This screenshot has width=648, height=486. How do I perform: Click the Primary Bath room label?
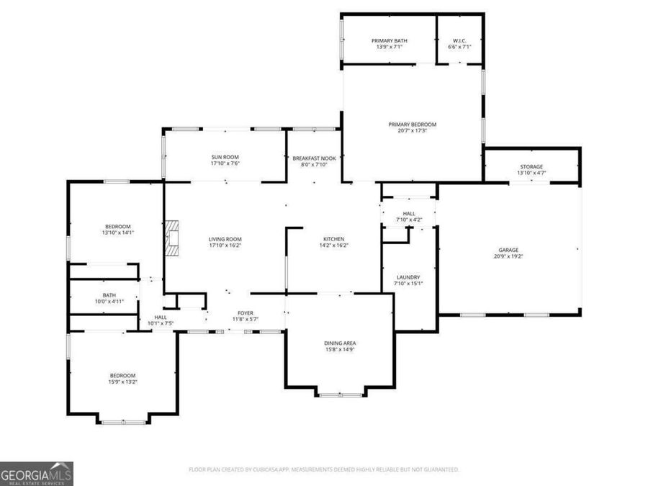click(390, 41)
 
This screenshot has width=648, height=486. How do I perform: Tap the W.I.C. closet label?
click(459, 41)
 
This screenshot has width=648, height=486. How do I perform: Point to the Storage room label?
click(531, 167)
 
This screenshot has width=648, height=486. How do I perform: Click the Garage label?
click(508, 251)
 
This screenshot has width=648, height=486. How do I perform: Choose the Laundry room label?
click(408, 277)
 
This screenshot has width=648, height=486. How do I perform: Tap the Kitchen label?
click(333, 239)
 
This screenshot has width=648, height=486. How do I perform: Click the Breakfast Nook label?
click(314, 158)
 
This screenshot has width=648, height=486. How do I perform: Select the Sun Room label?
click(225, 157)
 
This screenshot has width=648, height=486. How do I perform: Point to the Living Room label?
click(225, 239)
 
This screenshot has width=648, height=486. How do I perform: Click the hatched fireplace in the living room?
click(172, 239)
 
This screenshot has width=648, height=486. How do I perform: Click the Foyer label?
click(246, 313)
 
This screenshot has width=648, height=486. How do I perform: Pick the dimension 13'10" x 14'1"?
click(119, 233)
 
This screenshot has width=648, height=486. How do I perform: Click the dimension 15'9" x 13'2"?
click(122, 382)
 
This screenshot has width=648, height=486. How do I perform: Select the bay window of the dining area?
click(341, 395)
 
